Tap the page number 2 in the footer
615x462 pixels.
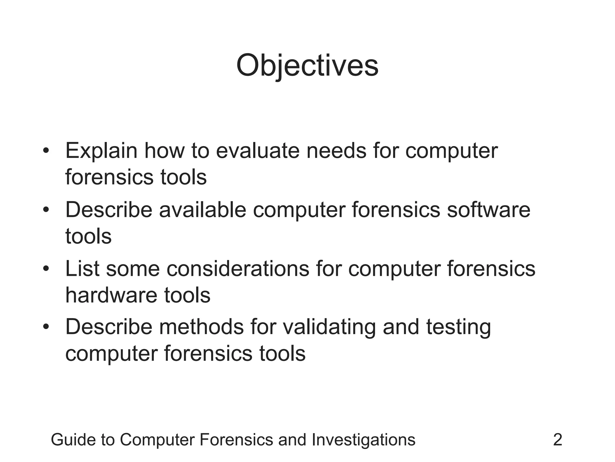557,440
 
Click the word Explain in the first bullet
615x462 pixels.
101,151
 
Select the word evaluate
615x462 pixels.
258,151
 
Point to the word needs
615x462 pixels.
336,151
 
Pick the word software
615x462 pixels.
489,210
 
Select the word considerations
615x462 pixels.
238,268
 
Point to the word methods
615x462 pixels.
201,327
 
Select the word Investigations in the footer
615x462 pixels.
363,440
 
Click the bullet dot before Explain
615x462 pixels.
46,151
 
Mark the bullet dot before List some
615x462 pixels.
46,268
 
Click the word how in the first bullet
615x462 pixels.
164,151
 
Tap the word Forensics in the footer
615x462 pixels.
237,440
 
